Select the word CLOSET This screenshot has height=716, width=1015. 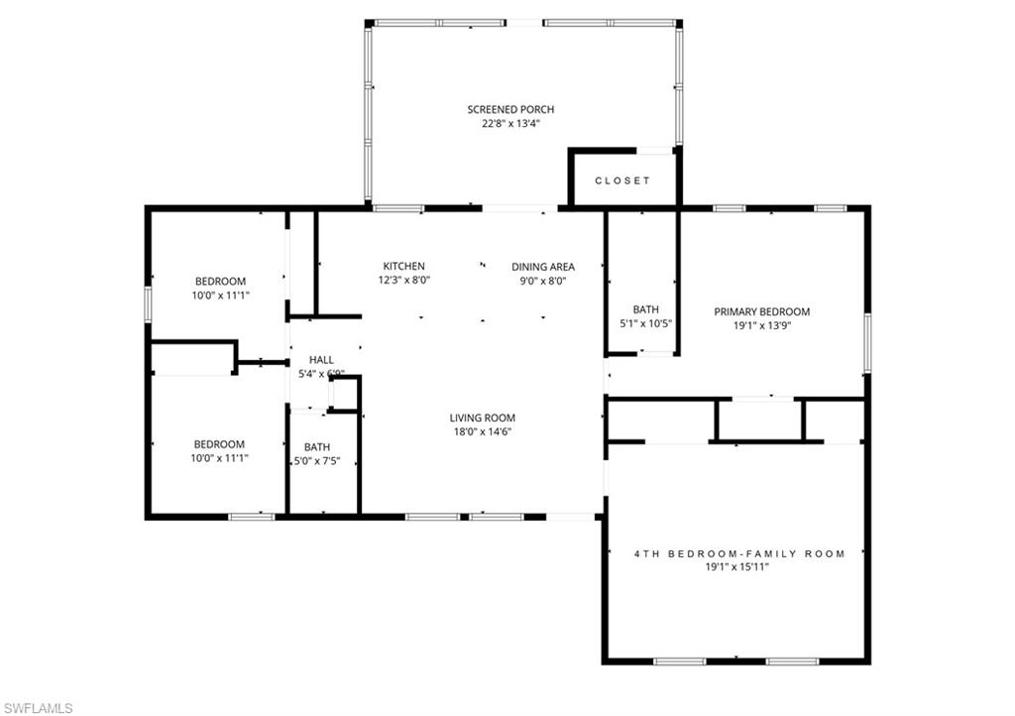[622, 180]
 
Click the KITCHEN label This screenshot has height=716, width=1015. [403, 266]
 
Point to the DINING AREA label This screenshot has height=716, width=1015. [542, 266]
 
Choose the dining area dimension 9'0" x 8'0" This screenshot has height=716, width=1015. [542, 281]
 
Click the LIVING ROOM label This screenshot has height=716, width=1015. [482, 418]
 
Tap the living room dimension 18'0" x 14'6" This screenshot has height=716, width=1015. [482, 431]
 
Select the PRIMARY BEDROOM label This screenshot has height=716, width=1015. [761, 310]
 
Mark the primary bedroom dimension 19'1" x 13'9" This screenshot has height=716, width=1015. [761, 324]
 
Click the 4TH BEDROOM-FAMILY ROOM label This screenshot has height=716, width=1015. [739, 553]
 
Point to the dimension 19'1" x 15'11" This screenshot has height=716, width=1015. [739, 567]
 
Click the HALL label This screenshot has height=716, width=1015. [321, 360]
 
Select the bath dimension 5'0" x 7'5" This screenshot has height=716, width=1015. [317, 461]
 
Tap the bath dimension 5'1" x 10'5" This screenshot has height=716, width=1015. [645, 324]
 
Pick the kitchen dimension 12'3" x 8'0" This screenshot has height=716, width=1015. [403, 281]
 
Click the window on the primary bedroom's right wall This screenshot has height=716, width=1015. [867, 342]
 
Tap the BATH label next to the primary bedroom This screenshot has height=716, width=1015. [645, 309]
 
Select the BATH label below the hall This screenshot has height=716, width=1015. [317, 446]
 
